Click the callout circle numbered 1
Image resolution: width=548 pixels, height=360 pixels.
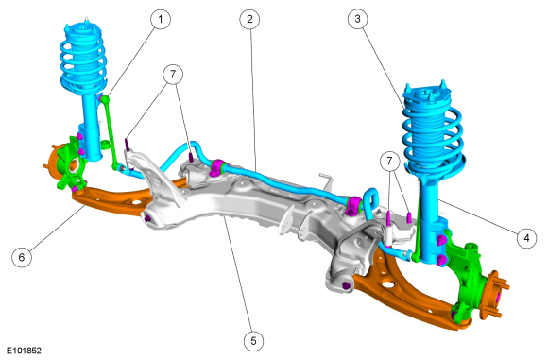pos(161,19)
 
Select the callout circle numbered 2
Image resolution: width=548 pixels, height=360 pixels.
pos(249,19)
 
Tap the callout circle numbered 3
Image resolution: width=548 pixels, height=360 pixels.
pos(357,19)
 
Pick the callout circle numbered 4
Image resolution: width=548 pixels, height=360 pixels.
pos(526,238)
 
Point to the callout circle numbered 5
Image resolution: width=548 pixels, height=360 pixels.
pos(253,340)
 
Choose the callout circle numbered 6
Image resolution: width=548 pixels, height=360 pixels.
pos(22,257)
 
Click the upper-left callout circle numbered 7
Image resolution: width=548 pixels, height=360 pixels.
pos(173,74)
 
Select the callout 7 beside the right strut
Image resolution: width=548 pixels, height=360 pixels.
pos(389,161)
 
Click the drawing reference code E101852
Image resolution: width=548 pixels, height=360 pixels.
pos(25,351)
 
